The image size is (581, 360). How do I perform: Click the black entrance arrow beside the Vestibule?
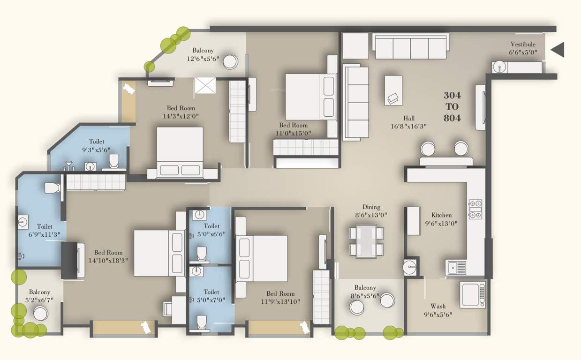tap(558, 49)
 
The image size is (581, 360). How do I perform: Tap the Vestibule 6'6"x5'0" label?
tap(523, 49)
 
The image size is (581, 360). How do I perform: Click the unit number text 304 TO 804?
tap(452, 107)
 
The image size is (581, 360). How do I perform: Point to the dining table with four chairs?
tap(366, 241)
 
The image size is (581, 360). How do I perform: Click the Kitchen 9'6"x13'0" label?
tap(441, 219)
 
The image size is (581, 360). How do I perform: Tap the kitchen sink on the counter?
tap(456, 268)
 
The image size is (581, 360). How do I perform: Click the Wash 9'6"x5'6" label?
tap(438, 310)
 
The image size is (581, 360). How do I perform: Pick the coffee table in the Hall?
tap(393, 90)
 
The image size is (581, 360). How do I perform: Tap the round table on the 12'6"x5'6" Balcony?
tap(230, 62)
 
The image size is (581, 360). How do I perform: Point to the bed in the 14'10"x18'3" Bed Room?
tap(158, 253)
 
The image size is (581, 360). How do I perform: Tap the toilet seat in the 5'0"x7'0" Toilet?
tap(202, 322)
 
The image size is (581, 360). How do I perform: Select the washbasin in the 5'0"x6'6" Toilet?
tap(199, 216)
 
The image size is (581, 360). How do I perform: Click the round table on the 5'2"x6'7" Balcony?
tap(41, 313)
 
